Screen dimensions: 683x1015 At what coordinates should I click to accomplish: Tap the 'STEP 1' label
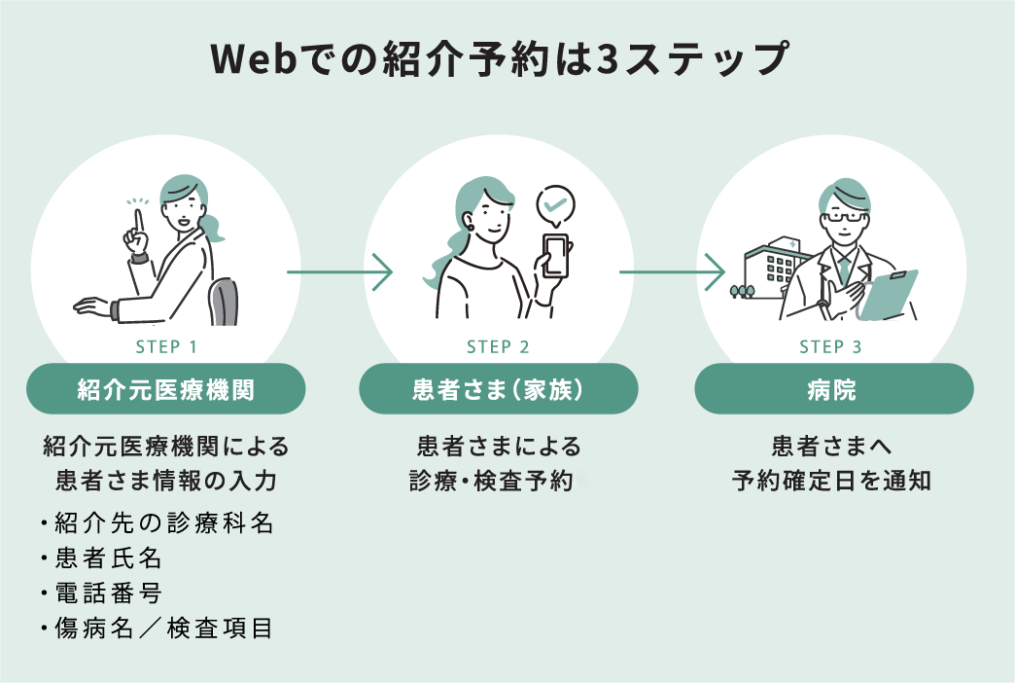[166, 347]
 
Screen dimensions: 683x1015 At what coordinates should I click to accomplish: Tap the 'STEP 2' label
[499, 347]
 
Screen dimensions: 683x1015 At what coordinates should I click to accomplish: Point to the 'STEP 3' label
[831, 347]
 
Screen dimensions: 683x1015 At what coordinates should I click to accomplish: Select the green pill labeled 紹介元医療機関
[166, 389]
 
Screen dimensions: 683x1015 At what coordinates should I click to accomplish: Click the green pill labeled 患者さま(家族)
[499, 389]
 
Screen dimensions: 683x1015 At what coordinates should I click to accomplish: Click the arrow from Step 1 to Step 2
[339, 271]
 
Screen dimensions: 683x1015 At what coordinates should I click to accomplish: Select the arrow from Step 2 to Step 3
[673, 271]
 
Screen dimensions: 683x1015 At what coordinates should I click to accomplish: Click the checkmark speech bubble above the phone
[556, 204]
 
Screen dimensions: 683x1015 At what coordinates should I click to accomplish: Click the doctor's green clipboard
[887, 295]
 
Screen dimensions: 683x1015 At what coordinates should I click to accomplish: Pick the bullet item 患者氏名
[107, 558]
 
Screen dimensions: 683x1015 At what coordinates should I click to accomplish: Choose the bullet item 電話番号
[107, 593]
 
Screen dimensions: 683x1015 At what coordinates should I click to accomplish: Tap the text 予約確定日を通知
[831, 480]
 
